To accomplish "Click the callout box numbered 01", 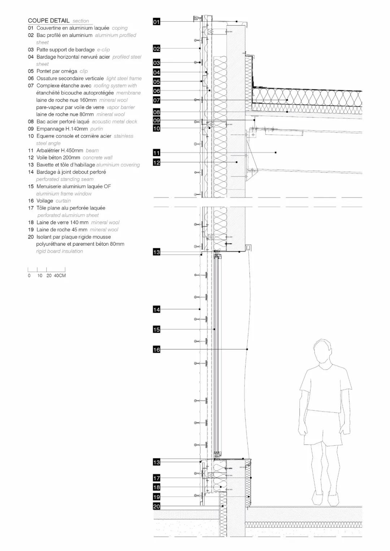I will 156,22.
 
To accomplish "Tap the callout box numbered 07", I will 156,100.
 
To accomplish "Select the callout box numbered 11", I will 156,153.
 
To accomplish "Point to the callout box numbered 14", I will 156,310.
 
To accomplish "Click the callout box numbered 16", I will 156,350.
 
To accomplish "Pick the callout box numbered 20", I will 156,507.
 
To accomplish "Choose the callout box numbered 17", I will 156,478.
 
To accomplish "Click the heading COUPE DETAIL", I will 48,21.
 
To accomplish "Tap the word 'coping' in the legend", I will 120,28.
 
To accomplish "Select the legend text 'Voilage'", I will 45,201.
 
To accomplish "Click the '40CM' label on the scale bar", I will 60,276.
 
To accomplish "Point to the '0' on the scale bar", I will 29,276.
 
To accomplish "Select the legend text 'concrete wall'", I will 97,158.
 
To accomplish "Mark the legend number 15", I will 31,187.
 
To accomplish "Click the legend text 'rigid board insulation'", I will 60,251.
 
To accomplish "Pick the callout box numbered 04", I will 156,73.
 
